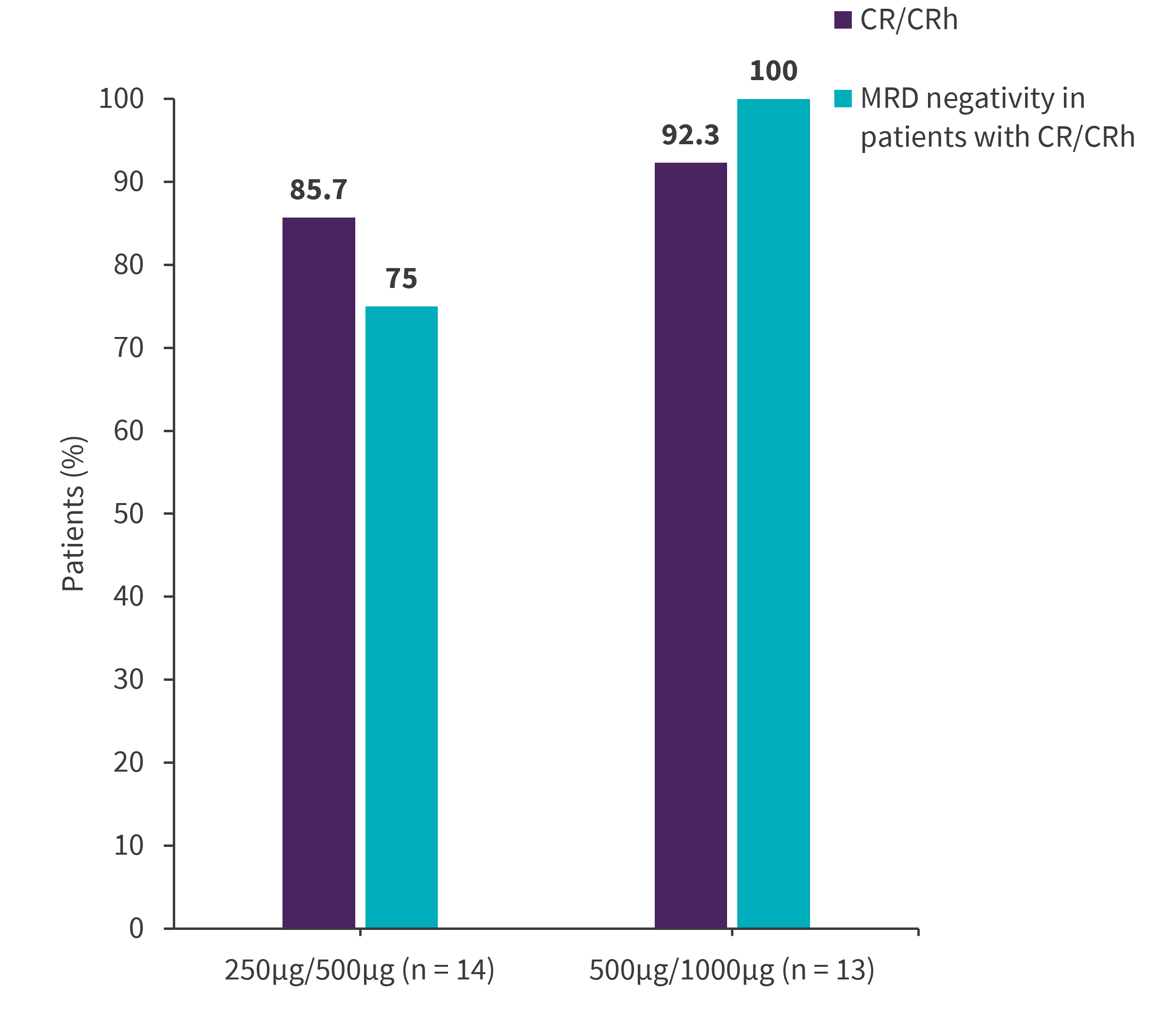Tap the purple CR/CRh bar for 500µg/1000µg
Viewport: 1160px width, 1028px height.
[691, 545]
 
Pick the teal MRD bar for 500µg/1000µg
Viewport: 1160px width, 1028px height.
[773, 513]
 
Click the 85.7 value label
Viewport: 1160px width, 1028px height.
[318, 190]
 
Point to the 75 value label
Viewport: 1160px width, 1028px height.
[401, 279]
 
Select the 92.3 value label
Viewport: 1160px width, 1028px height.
[690, 135]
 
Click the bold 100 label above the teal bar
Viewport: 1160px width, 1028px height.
[773, 71]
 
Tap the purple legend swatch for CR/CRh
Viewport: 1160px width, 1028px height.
[843, 20]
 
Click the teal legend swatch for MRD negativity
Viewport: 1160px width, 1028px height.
[843, 99]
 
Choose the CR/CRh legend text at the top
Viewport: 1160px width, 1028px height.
[909, 20]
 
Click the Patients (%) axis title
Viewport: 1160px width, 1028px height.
[73, 514]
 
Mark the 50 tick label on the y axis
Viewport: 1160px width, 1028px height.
[129, 514]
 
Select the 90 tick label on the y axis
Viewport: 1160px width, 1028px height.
[129, 182]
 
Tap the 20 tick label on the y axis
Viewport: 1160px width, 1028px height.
[129, 763]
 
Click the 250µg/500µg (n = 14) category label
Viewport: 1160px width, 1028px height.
[359, 970]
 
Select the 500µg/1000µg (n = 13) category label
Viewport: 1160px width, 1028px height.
[731, 970]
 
